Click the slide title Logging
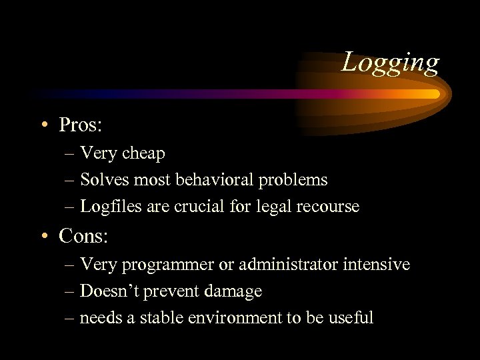[x=391, y=63]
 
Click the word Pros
[x=81, y=125]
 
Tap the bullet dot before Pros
[x=44, y=125]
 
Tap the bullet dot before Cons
[x=44, y=236]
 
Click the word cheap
[x=143, y=153]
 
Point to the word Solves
[x=101, y=180]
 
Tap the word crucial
[x=198, y=207]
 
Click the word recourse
[x=327, y=207]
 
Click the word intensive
[x=377, y=265]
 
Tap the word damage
[x=234, y=292]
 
